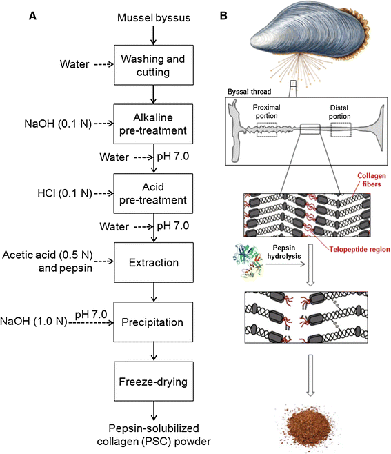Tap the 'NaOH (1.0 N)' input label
coord(33,322)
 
